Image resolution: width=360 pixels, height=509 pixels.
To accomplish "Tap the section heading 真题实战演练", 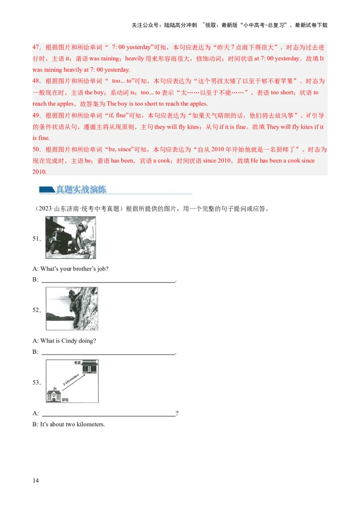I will [x=81, y=189].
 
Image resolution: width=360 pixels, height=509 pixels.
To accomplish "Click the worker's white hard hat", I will [x=84, y=224].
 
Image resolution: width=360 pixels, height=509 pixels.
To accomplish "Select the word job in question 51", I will [x=103, y=269].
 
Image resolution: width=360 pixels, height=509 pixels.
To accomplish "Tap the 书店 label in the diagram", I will [x=77, y=362].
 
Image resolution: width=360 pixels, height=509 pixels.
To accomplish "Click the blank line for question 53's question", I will [x=108, y=414].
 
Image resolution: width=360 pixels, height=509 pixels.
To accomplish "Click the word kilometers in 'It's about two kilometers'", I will [x=90, y=424].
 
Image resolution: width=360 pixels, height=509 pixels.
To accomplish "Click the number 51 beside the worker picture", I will [x=36, y=239].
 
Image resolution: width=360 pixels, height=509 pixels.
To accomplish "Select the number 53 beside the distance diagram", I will [x=36, y=383].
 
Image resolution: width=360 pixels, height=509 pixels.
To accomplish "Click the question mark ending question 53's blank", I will [x=177, y=414].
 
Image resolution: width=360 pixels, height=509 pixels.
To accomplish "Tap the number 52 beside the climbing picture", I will [x=36, y=310].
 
